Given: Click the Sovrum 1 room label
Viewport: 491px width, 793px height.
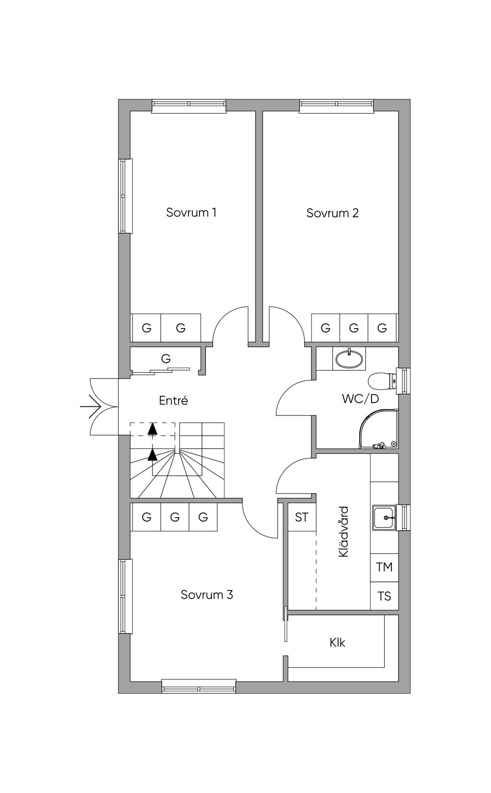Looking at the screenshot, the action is [191, 213].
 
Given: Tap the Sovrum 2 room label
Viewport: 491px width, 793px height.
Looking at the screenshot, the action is [332, 213].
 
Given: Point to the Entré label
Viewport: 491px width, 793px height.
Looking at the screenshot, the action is [173, 401].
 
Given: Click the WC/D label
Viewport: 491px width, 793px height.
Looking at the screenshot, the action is [360, 399].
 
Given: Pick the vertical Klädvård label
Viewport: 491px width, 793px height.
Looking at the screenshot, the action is [343, 532].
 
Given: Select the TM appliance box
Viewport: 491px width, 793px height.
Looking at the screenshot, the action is [385, 567].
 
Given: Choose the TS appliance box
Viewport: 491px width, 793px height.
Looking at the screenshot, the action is [385, 596].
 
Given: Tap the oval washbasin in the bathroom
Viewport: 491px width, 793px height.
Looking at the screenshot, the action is [349, 359].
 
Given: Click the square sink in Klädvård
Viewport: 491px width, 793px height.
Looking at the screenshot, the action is [384, 518].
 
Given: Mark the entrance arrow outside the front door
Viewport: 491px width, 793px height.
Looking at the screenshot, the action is [91, 407].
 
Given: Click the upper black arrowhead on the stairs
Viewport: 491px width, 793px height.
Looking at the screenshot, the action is [152, 428].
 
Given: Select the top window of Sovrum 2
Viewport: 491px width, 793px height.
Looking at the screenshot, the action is [337, 106].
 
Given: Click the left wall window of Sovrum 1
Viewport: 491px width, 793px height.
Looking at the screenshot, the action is [125, 196].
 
